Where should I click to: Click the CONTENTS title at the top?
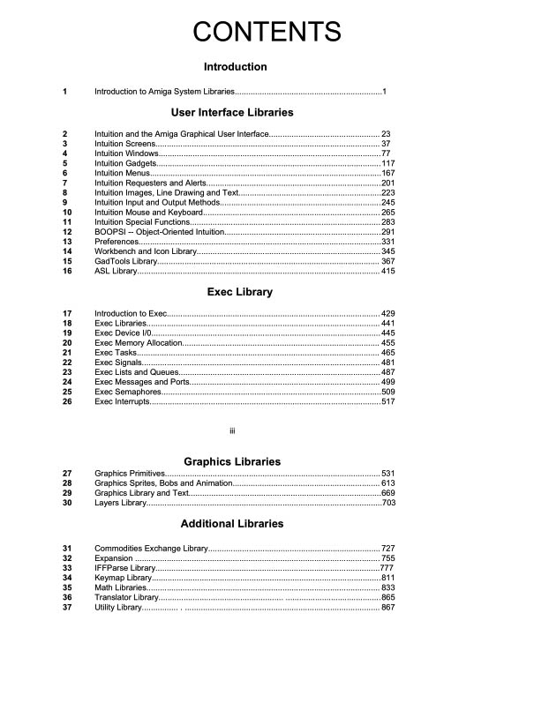(x=267, y=33)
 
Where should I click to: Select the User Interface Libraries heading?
(x=232, y=113)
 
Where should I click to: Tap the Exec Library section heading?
(x=239, y=292)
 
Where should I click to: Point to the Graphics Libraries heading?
(x=231, y=462)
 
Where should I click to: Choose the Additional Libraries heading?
(x=231, y=524)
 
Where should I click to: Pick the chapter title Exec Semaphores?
(x=128, y=392)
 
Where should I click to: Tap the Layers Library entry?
(x=121, y=503)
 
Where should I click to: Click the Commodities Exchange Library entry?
(x=151, y=549)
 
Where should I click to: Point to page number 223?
(x=388, y=193)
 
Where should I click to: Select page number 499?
(x=388, y=382)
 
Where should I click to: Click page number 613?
(x=388, y=483)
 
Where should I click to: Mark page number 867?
(x=388, y=608)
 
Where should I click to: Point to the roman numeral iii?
(x=232, y=430)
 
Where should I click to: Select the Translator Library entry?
(x=126, y=598)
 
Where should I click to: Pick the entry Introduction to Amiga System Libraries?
(x=164, y=92)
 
